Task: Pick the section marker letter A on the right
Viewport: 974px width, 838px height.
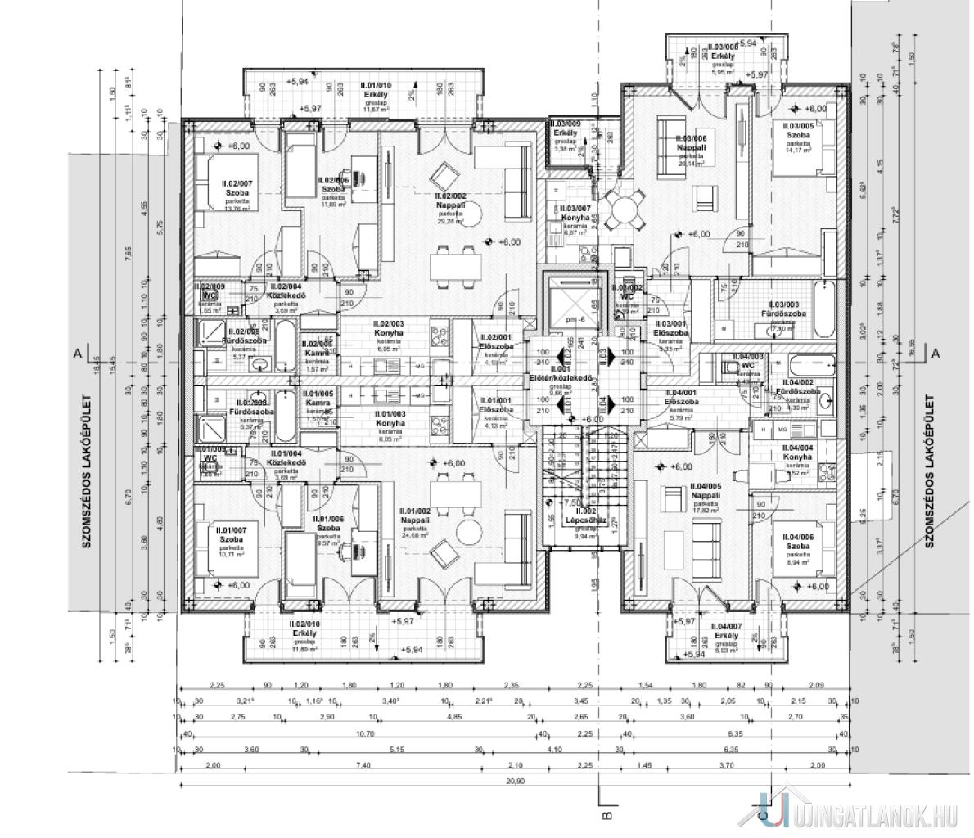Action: [x=935, y=353]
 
